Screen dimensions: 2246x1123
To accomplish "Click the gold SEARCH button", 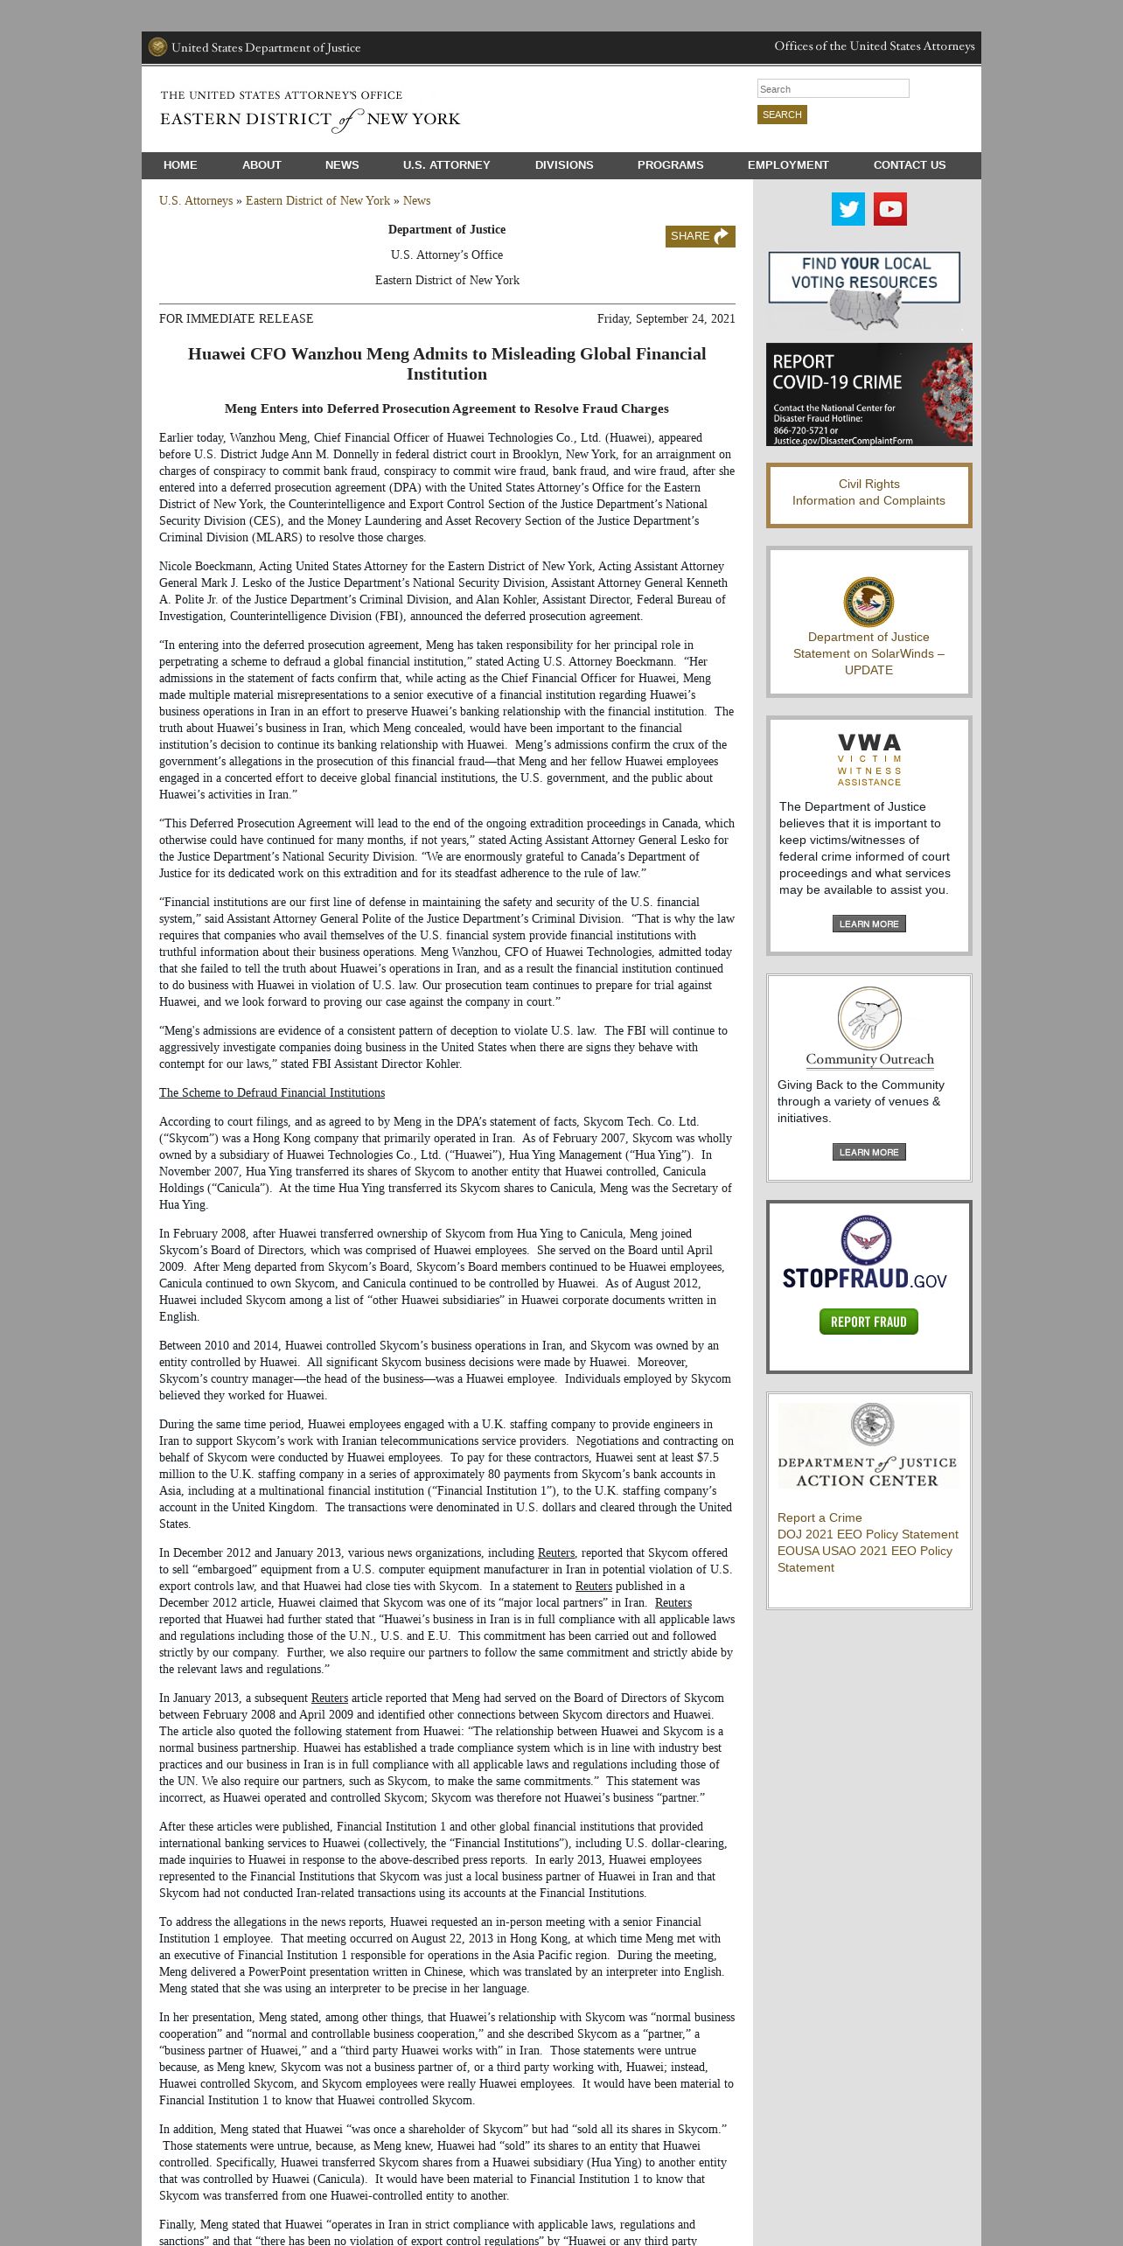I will tap(782, 115).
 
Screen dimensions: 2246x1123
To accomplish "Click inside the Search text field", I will tap(833, 88).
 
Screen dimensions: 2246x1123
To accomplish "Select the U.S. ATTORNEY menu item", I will tap(446, 165).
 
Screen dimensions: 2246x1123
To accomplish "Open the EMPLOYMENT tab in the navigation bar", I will tap(788, 165).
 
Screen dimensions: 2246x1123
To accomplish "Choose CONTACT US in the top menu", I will tap(909, 165).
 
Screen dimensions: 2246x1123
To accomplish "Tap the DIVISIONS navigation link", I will tap(564, 165).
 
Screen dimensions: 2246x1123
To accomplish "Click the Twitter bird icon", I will tap(847, 209).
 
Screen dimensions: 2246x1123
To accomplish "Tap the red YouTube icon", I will tap(890, 209).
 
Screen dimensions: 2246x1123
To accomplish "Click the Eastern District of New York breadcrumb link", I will tap(317, 201).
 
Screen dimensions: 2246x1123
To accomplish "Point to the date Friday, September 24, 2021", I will tap(666, 319).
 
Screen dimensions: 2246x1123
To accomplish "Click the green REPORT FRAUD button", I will tap(868, 1322).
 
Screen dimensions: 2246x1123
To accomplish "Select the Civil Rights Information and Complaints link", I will tap(868, 492).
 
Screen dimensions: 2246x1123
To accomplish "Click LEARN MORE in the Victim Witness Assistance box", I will tap(868, 924).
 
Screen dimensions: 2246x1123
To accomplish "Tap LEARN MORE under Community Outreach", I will tap(868, 1152).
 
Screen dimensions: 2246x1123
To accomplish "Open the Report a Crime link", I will tap(820, 1517).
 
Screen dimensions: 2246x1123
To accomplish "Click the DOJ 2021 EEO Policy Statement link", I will tap(868, 1534).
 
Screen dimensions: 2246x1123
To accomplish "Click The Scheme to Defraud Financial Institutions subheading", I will tap(272, 1093).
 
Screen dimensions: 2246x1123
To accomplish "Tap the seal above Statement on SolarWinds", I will tap(868, 602).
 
